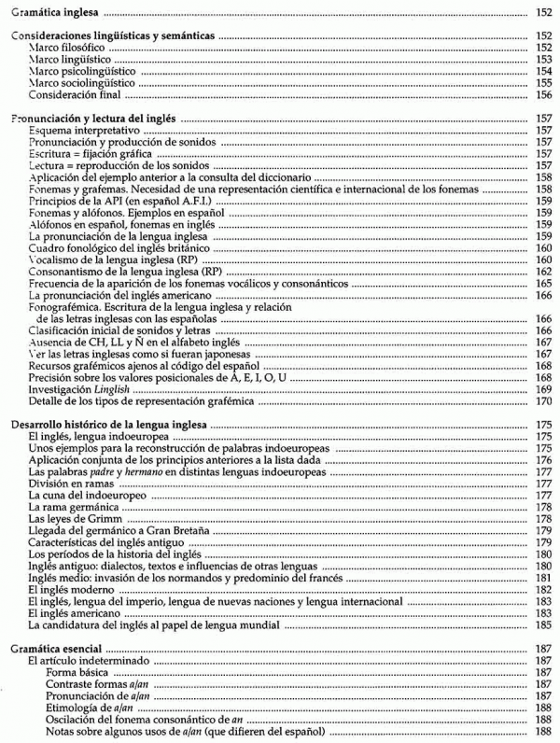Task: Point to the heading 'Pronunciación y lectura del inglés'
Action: click(92, 119)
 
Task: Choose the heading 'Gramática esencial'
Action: click(54, 649)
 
